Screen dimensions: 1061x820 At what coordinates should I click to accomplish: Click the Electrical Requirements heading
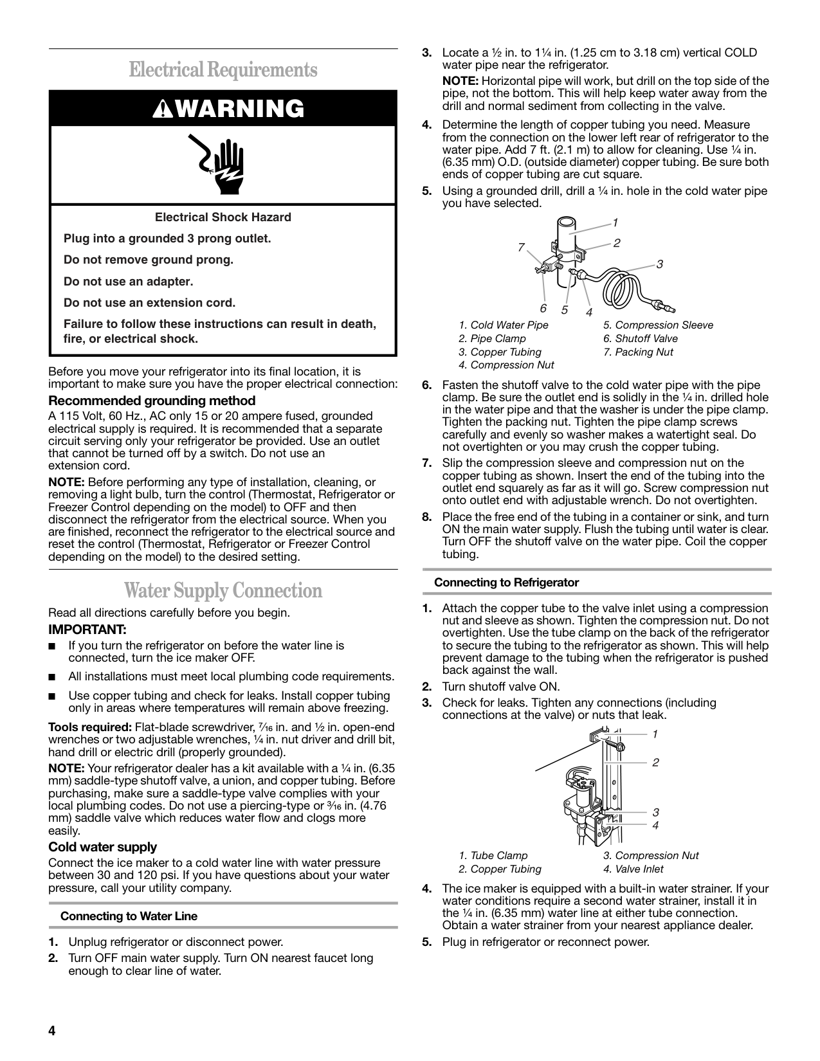pyautogui.click(x=223, y=69)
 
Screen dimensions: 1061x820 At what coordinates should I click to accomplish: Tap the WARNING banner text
pyautogui.click(x=223, y=109)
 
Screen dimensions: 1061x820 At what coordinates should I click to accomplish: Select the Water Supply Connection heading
pyautogui.click(x=223, y=590)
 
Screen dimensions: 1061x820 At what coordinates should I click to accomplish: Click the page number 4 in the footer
pyautogui.click(x=52, y=1031)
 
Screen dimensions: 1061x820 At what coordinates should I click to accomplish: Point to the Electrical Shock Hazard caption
pyautogui.click(x=223, y=217)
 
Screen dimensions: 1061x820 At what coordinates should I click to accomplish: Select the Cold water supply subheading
pyautogui.click(x=103, y=847)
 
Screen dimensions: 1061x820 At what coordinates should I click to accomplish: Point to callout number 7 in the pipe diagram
pyautogui.click(x=521, y=247)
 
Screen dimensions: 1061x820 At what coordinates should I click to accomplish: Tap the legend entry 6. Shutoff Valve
pyautogui.click(x=640, y=338)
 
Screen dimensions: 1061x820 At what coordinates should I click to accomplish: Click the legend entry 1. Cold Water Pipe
pyautogui.click(x=504, y=325)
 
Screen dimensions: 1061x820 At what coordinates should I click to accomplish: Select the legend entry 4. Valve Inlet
pyautogui.click(x=633, y=869)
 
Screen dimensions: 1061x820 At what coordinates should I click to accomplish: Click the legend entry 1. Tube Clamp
pyautogui.click(x=493, y=855)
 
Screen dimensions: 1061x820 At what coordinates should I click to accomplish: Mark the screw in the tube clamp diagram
pyautogui.click(x=614, y=745)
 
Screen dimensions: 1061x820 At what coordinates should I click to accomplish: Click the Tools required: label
pyautogui.click(x=90, y=727)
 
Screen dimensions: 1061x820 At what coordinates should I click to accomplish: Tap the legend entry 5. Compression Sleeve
pyautogui.click(x=658, y=325)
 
